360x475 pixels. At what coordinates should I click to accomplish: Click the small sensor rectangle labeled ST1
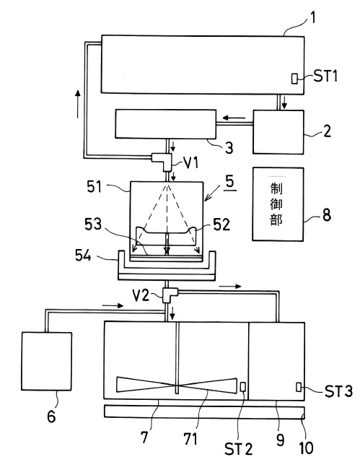point(294,79)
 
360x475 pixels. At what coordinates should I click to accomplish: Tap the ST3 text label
point(338,391)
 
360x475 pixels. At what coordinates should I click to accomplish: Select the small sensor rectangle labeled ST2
point(243,387)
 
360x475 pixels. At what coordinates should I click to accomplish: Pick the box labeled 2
point(278,132)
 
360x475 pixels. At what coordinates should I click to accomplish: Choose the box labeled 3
point(166,124)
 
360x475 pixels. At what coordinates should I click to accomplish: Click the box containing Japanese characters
point(278,204)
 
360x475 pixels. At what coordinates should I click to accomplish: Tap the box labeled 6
point(47,361)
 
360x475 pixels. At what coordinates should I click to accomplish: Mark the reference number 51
point(95,187)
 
